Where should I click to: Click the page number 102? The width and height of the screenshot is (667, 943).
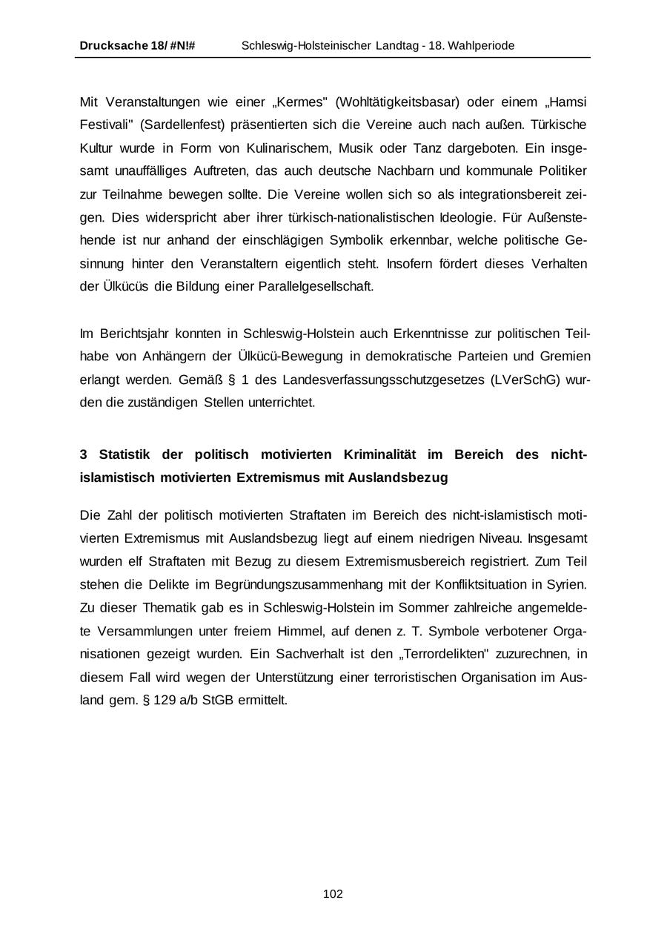point(333,894)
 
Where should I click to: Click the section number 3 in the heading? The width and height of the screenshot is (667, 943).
point(84,454)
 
